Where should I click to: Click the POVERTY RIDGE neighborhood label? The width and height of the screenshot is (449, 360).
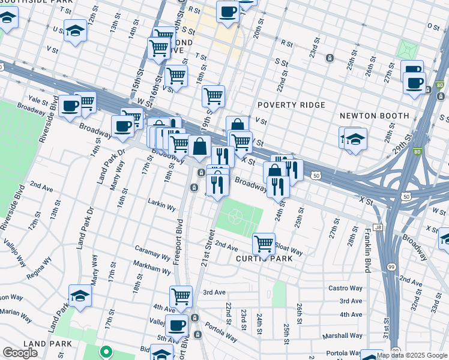291,105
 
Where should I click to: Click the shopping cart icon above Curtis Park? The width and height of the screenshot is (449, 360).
264,244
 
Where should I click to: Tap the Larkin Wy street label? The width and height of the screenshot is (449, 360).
163,208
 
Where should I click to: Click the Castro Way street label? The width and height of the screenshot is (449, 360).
345,288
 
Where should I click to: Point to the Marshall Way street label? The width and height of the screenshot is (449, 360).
344,336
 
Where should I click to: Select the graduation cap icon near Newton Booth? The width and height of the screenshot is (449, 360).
355,139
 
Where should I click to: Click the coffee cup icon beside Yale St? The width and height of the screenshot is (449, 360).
70,106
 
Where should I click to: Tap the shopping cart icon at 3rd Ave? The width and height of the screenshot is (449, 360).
181,296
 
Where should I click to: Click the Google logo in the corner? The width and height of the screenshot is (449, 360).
20,353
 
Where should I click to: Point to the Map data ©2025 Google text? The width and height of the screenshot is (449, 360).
411,355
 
